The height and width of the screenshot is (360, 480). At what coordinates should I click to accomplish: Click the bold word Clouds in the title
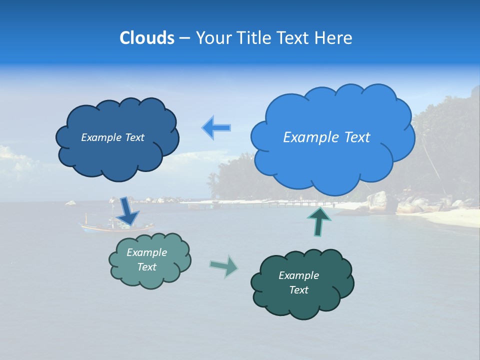[x=146, y=38]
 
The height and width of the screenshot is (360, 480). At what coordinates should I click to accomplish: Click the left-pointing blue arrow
[x=216, y=127]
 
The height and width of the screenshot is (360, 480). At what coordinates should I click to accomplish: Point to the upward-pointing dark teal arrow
[x=318, y=220]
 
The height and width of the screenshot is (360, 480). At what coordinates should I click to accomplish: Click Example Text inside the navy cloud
[x=112, y=137]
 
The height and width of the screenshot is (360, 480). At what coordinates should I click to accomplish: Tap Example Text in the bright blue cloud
[x=326, y=137]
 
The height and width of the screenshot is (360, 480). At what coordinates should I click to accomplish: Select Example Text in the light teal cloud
[x=146, y=259]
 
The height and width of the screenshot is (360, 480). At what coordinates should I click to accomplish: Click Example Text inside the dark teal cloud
[x=298, y=282]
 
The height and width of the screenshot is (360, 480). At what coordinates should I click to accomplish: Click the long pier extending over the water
[x=270, y=203]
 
